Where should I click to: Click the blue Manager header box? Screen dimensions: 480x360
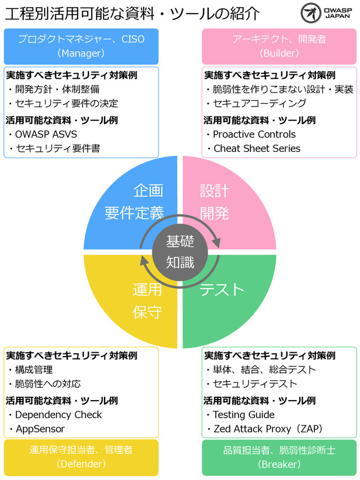81,46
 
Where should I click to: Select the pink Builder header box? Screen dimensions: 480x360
279,46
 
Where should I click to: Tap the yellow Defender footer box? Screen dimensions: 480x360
81,457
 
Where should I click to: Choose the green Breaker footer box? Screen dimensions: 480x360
279,457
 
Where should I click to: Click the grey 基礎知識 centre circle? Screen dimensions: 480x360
180,252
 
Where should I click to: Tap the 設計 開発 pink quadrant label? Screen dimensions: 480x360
215,202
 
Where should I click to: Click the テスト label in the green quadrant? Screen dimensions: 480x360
222,289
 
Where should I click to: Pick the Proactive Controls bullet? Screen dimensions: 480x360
254,134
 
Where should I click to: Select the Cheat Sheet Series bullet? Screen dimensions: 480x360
256,149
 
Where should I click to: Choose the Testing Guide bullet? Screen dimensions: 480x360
244,415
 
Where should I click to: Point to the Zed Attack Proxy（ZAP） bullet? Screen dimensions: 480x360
268,429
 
